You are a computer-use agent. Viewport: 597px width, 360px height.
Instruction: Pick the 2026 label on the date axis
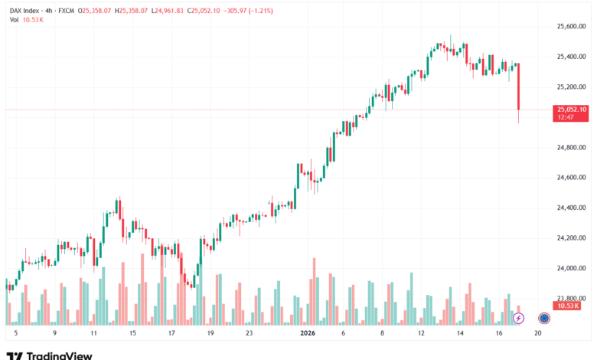tap(308, 333)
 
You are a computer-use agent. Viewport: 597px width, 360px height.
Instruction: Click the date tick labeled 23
tap(249, 333)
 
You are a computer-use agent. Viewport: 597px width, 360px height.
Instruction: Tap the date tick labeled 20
tap(538, 333)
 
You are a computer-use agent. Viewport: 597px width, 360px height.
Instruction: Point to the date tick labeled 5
tap(15, 333)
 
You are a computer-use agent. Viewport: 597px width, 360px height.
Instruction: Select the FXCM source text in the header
tap(66, 11)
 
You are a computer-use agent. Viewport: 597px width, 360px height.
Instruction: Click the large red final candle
tap(519, 86)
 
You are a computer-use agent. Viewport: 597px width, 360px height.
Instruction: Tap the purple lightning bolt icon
tap(518, 317)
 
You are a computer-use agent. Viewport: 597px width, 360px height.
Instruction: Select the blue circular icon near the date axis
tap(544, 317)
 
